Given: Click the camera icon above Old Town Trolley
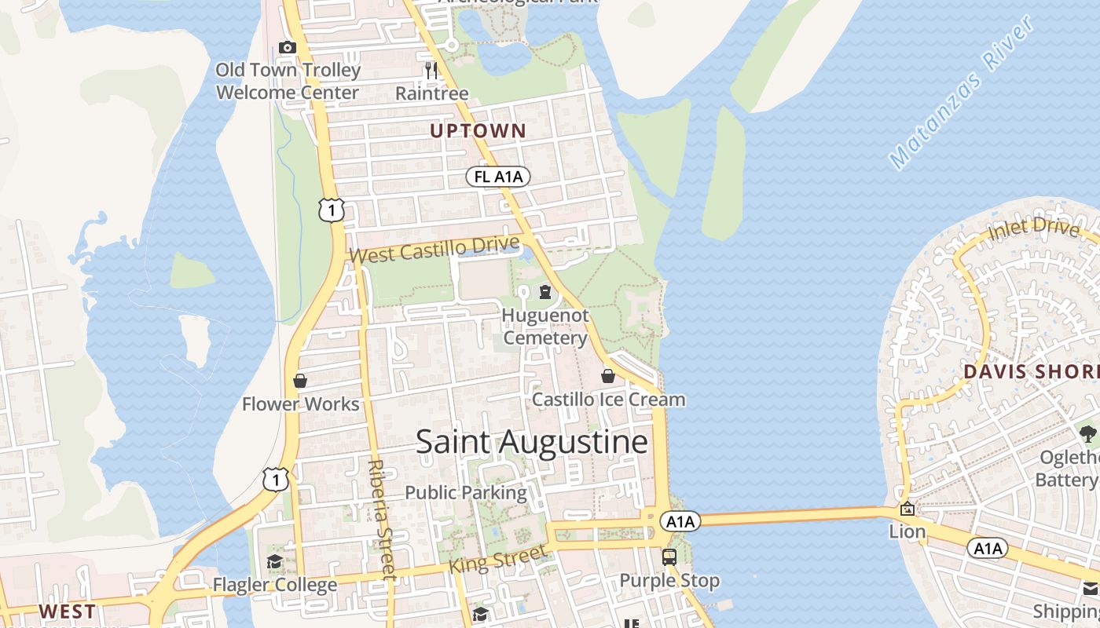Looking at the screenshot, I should pyautogui.click(x=288, y=47).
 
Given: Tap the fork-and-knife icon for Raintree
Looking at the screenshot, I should pyautogui.click(x=431, y=71).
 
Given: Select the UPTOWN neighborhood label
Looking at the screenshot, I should pyautogui.click(x=478, y=131).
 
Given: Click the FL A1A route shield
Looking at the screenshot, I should pyautogui.click(x=498, y=177).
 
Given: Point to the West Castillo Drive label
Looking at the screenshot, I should pyautogui.click(x=434, y=249).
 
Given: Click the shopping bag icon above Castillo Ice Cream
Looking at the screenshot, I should pyautogui.click(x=608, y=376).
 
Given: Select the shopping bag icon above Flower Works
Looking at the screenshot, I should pyautogui.click(x=300, y=382).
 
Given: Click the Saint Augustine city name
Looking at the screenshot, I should pyautogui.click(x=532, y=442).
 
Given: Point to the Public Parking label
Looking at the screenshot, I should pyautogui.click(x=465, y=493).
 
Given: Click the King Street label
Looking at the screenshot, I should pyautogui.click(x=497, y=560).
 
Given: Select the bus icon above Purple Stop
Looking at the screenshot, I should pyautogui.click(x=669, y=557).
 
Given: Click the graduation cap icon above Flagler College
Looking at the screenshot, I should pyautogui.click(x=274, y=562).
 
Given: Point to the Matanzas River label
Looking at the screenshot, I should pyautogui.click(x=963, y=93).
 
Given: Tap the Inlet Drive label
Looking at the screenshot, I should pyautogui.click(x=1033, y=231).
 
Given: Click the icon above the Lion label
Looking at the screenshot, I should pyautogui.click(x=907, y=509).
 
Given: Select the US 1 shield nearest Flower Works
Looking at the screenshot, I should pyautogui.click(x=275, y=478).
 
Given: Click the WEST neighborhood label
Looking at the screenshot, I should pyautogui.click(x=68, y=612).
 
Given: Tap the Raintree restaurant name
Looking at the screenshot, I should pyautogui.click(x=431, y=93).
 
